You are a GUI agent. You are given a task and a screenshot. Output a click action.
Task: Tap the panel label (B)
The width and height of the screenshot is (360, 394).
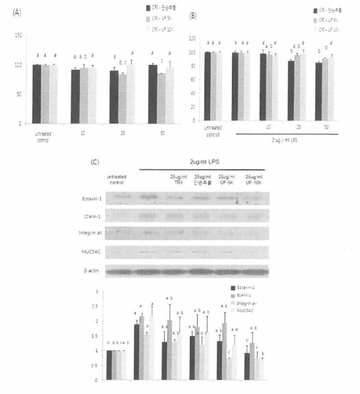[193, 16]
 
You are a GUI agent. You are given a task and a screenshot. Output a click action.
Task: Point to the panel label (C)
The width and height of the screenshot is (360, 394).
[95, 162]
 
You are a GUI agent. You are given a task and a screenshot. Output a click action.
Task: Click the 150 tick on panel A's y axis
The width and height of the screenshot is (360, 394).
[17, 35]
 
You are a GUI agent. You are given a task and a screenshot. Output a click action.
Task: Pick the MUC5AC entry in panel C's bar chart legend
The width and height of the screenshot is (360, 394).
[247, 310]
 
